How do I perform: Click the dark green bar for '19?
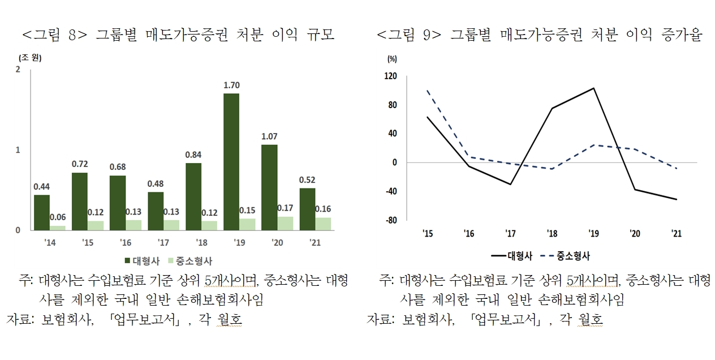(x=231, y=162)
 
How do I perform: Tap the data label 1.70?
(x=231, y=85)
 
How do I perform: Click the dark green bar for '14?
(x=42, y=212)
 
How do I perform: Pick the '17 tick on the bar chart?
(x=163, y=243)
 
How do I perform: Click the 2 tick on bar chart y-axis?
(x=19, y=69)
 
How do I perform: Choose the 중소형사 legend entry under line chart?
(x=565, y=256)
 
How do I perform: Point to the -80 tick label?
(x=391, y=220)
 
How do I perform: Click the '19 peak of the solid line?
(x=594, y=88)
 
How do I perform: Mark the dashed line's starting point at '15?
(x=428, y=90)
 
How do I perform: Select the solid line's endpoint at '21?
(x=677, y=199)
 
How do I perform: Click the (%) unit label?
(x=392, y=58)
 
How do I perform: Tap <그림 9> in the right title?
(x=408, y=35)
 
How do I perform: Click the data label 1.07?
(x=269, y=136)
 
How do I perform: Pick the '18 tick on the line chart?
(x=552, y=233)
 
